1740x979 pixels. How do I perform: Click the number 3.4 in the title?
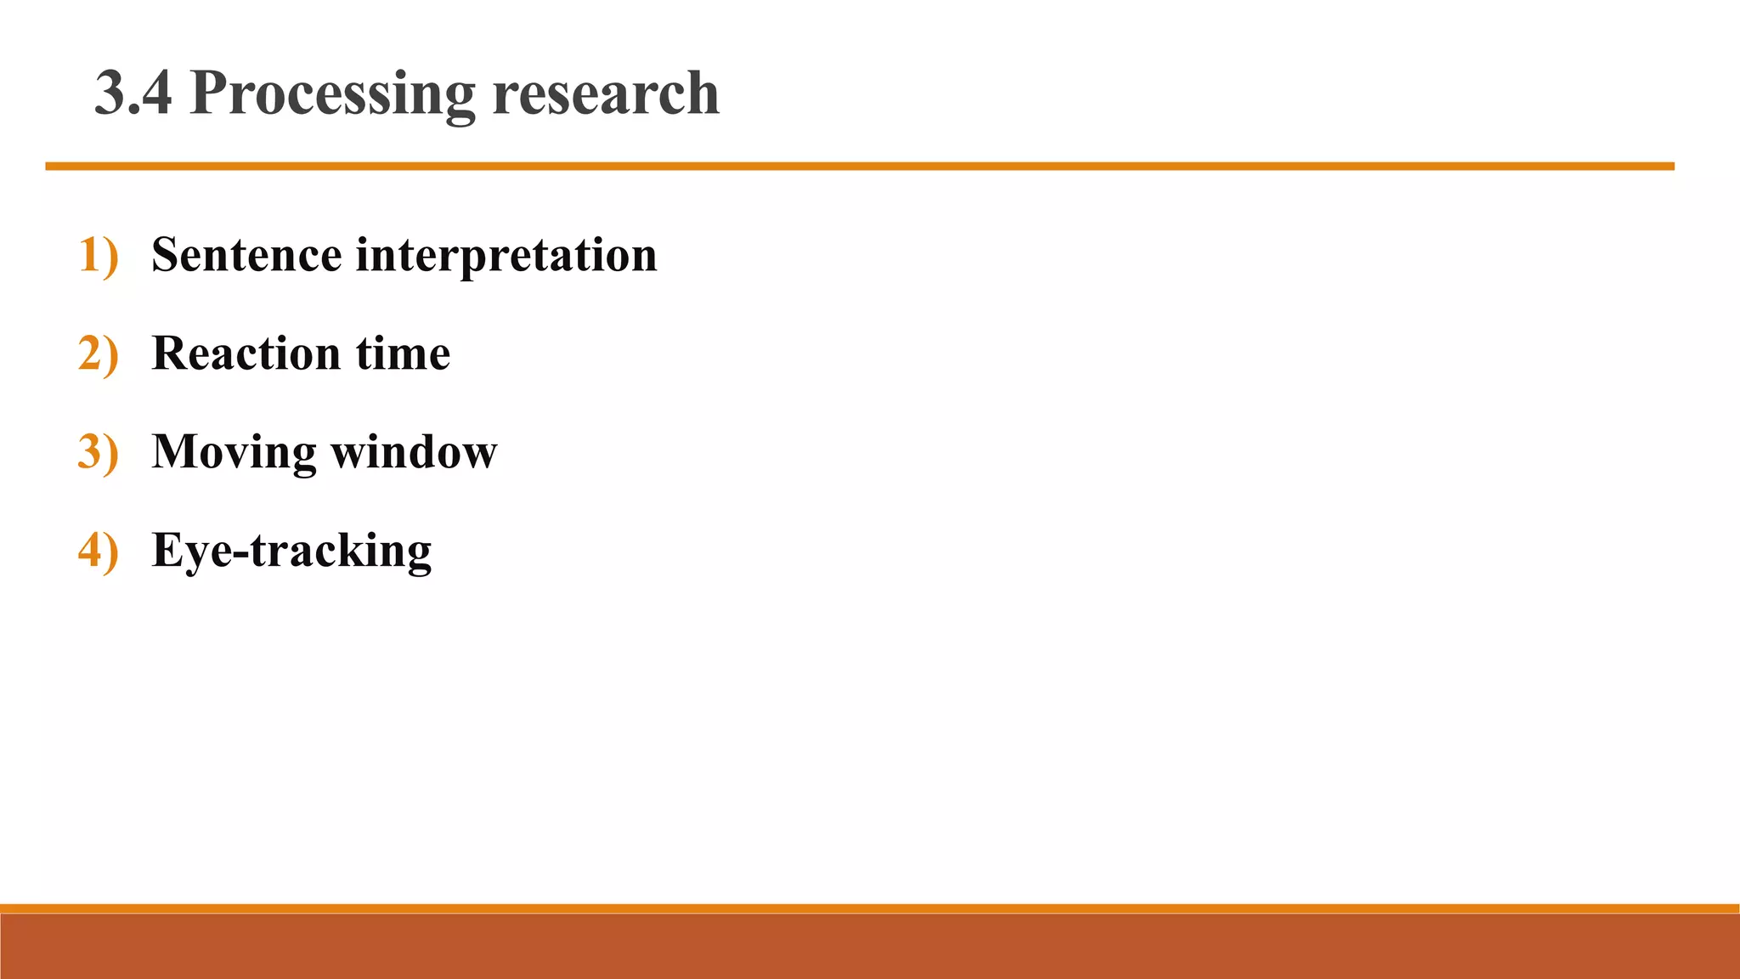coord(133,93)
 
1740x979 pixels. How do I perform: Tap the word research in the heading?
coord(605,93)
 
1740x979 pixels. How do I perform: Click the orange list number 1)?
coord(98,255)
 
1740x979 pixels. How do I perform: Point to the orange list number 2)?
coord(98,354)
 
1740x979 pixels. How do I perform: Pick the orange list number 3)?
coord(98,452)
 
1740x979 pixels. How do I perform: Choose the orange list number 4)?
coord(98,551)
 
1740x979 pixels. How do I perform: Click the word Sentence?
coord(246,255)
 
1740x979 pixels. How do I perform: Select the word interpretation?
coord(506,255)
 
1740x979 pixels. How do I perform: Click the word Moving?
coord(234,452)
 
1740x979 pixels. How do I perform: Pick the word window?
coord(414,452)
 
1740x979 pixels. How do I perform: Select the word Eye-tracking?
coord(291,551)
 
